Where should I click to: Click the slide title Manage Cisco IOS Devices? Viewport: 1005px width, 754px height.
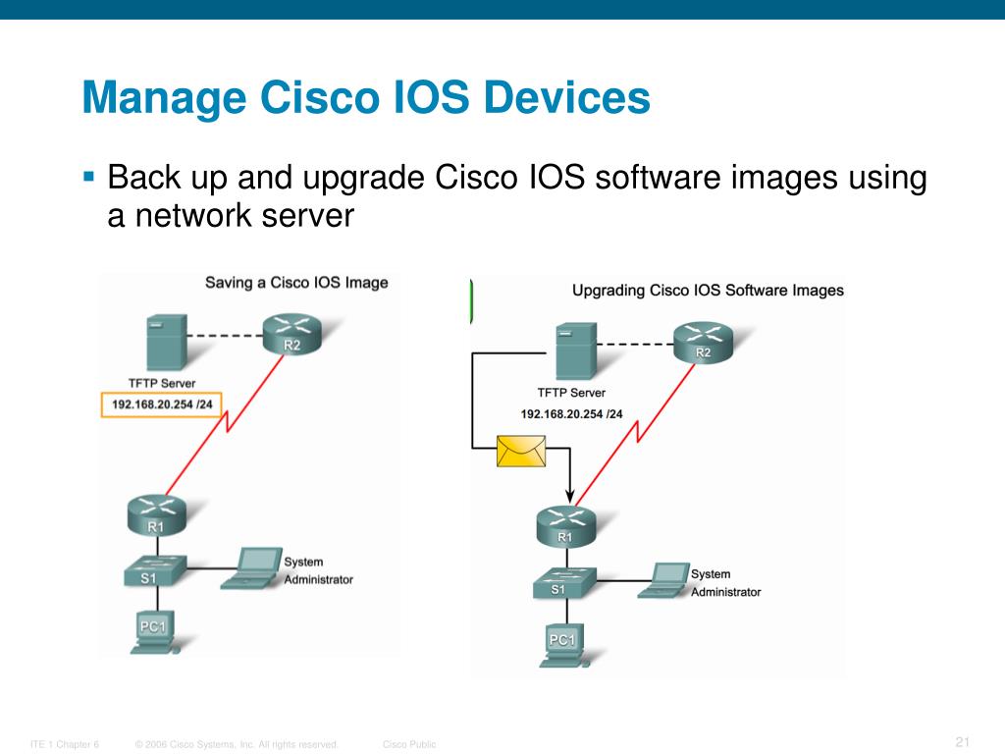click(x=366, y=100)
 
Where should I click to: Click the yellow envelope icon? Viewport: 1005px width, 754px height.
click(x=520, y=452)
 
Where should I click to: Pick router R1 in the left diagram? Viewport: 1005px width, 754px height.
click(x=156, y=514)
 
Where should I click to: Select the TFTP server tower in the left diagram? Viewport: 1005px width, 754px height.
click(x=165, y=341)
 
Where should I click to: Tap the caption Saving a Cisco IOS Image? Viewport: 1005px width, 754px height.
click(x=296, y=283)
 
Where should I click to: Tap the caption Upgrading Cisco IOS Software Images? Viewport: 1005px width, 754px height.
click(x=708, y=291)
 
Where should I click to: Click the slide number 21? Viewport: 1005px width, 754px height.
click(x=962, y=740)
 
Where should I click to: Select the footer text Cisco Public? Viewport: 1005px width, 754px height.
click(x=409, y=745)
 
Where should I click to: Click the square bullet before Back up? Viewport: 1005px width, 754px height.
click(x=88, y=178)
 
